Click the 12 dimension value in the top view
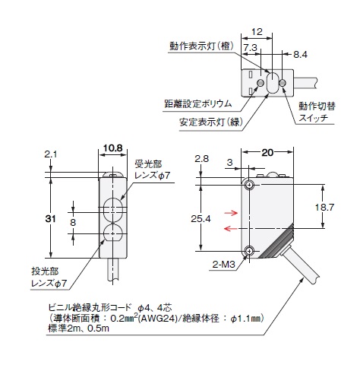[257, 32]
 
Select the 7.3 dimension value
[251, 48]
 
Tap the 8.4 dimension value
[300, 55]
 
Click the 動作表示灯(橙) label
[201, 46]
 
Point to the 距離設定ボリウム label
[198, 103]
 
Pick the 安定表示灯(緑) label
[211, 122]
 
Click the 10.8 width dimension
[113, 148]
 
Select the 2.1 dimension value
[51, 154]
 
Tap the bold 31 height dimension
[50, 219]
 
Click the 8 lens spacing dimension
[73, 223]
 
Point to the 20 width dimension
[267, 153]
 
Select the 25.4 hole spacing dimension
[201, 219]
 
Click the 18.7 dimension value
[324, 208]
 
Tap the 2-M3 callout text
[224, 265]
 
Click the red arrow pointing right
[231, 213]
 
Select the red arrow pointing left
[231, 229]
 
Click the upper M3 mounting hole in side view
[249, 185]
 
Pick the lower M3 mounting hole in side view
[249, 251]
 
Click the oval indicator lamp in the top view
[272, 82]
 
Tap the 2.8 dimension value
[202, 159]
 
